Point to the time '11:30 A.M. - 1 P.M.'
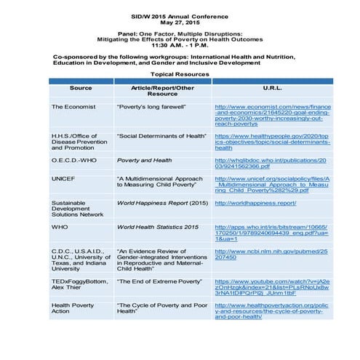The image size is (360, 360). [180, 45]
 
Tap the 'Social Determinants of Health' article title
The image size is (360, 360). [157, 135]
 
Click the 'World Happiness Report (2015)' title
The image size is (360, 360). [157, 203]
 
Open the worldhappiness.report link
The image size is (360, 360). [255, 203]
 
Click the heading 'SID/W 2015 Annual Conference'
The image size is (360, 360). [180, 14]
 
